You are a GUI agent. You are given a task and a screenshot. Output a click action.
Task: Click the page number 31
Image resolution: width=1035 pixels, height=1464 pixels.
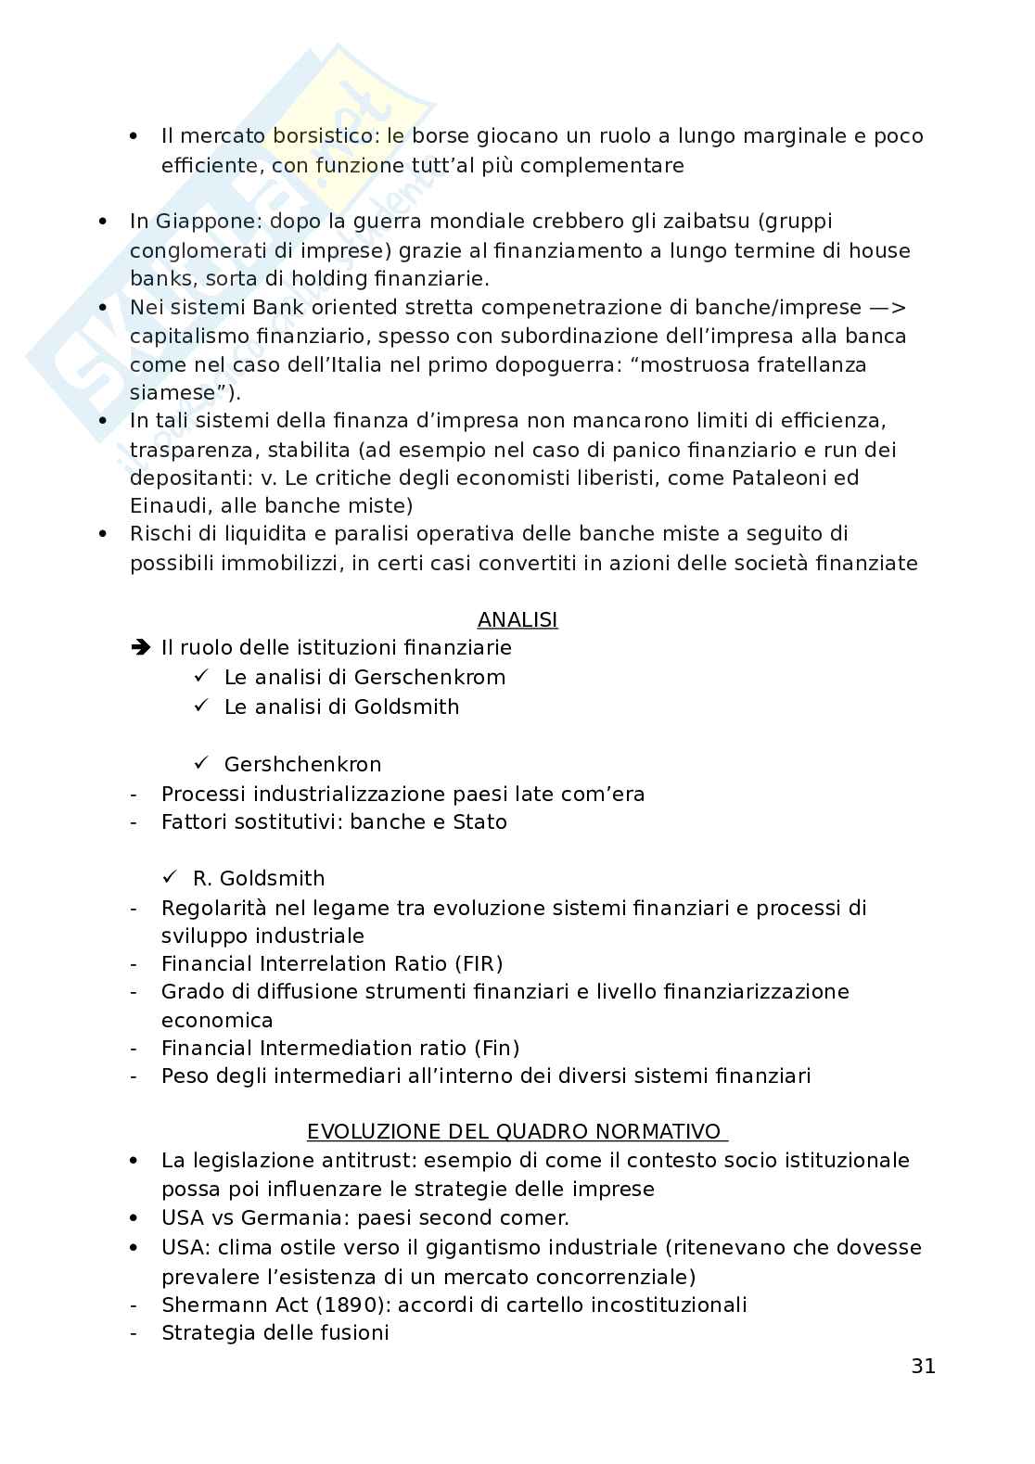[x=923, y=1366]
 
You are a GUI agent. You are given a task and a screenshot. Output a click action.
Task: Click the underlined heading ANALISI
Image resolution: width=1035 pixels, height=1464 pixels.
[x=517, y=619]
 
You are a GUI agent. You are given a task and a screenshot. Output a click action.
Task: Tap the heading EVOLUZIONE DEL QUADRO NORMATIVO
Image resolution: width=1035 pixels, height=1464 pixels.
[x=517, y=1132]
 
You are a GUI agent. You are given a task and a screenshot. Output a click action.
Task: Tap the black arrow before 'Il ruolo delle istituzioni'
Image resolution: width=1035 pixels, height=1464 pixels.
[x=140, y=648]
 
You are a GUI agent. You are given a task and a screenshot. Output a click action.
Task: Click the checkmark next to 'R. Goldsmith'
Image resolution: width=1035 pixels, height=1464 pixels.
[x=170, y=877]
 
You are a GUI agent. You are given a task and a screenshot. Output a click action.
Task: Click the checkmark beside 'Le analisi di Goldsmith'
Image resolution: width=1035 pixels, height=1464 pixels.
[x=202, y=706]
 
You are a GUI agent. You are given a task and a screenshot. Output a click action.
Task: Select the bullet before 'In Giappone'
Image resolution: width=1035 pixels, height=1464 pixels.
[x=102, y=222]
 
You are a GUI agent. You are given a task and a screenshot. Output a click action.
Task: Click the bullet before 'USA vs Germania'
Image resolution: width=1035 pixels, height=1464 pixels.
[x=134, y=1218]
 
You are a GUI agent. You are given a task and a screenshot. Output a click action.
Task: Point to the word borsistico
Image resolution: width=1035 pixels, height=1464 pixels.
[x=326, y=136]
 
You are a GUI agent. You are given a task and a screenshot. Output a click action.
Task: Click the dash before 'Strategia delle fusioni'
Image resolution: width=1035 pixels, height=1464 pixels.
[x=134, y=1333]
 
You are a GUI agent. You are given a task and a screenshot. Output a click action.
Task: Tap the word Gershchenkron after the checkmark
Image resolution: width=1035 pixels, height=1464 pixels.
[x=302, y=765]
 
